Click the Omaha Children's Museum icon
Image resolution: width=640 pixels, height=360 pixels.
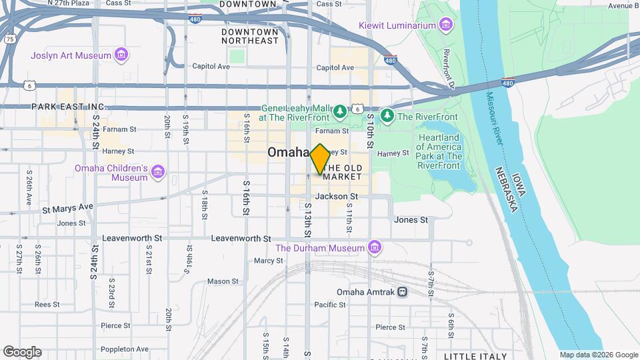tap(158, 173)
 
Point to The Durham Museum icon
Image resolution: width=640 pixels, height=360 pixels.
tap(375, 248)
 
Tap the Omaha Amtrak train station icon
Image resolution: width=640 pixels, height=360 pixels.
tap(402, 292)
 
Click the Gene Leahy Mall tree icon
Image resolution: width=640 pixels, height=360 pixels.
tap(340, 110)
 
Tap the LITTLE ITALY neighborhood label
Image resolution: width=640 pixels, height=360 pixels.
tap(475, 356)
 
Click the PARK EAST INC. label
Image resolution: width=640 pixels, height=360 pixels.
tap(69, 107)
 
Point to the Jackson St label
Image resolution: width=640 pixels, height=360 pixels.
tap(337, 197)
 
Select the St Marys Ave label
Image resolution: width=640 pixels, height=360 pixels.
tap(68, 207)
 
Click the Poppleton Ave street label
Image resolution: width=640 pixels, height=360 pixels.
tap(125, 349)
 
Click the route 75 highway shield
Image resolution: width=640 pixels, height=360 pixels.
tap(9, 39)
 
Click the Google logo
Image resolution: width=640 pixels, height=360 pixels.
tap(22, 351)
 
